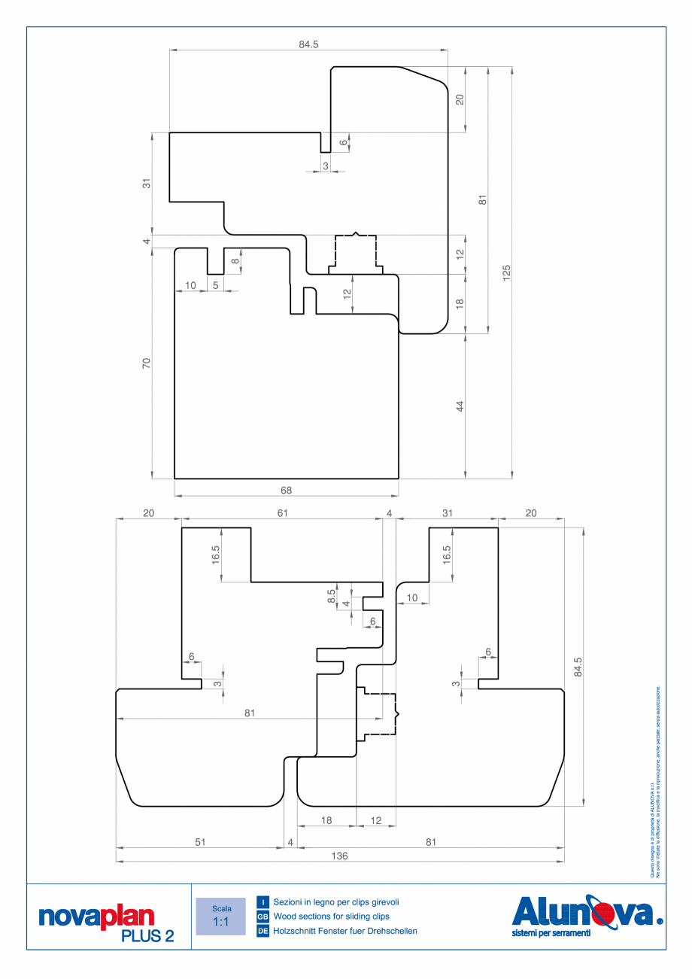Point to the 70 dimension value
coord(147,363)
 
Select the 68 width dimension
coord(286,490)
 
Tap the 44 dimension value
coord(460,406)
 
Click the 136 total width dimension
coord(339,856)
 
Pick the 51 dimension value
coord(199,843)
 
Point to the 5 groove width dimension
coord(216,285)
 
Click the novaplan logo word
coord(96,917)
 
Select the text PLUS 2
coord(147,935)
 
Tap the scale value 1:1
coord(220,922)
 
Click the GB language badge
coord(263,917)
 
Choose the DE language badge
coord(263,932)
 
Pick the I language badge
coord(263,901)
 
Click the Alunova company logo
coord(586,912)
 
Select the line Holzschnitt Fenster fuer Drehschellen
coord(345,932)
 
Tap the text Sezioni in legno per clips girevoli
coord(336,901)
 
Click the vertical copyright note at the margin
coord(654,783)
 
